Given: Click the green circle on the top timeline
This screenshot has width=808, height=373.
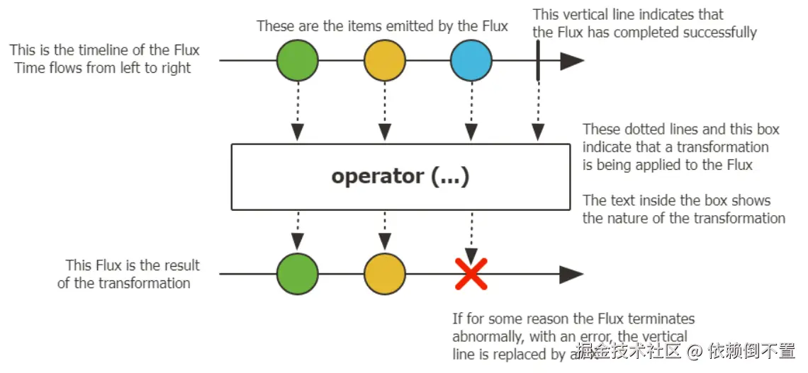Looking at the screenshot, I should [x=297, y=61].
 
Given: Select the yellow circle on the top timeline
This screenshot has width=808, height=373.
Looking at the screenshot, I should [x=384, y=61].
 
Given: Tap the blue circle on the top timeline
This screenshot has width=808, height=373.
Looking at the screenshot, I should [x=471, y=61].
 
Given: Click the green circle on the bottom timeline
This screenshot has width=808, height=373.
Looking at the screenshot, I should [x=297, y=274].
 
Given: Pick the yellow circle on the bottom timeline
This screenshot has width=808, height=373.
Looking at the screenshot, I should [x=384, y=274].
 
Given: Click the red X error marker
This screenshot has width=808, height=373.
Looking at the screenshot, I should [x=471, y=273].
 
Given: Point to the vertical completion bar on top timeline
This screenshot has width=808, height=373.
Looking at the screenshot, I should [x=538, y=60].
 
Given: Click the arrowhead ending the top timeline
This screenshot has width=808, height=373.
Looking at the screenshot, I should [x=571, y=61].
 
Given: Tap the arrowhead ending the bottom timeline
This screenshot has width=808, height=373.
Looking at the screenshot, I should [x=571, y=274].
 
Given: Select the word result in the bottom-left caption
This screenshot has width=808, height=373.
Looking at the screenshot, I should [x=180, y=265].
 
